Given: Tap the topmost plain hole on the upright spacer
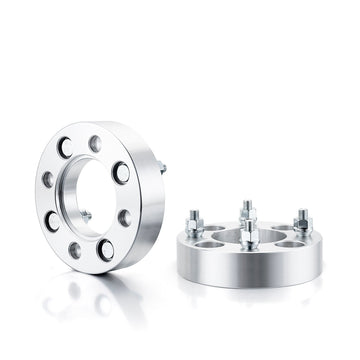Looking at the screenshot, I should click(x=95, y=144).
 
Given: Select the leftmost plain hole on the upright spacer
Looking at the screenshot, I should click(x=47, y=180).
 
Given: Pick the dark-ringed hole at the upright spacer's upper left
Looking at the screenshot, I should click(x=64, y=148).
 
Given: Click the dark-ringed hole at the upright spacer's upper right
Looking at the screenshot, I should click(x=120, y=171).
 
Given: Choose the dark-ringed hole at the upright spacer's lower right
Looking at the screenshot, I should click(x=106, y=249).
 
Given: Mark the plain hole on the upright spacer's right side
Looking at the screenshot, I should click(x=124, y=217).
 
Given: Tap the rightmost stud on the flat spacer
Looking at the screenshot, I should click(x=301, y=220).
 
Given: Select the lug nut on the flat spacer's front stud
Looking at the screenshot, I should click(x=249, y=236).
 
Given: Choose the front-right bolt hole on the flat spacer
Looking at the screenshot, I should click(x=288, y=242).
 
